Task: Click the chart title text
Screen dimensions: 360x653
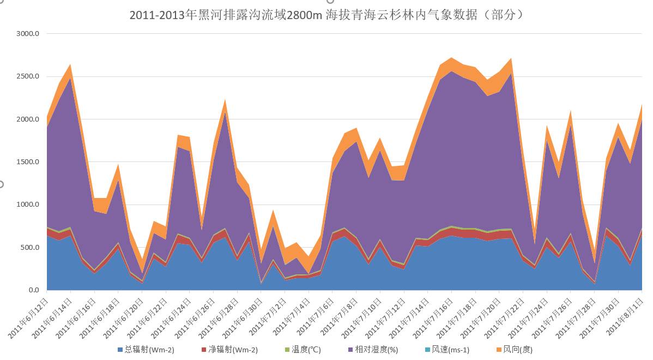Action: pyautogui.click(x=326, y=15)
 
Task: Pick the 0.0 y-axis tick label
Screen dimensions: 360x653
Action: pyautogui.click(x=34, y=290)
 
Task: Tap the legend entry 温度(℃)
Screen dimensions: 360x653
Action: pyautogui.click(x=306, y=350)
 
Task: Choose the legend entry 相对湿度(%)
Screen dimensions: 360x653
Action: pyautogui.click(x=377, y=350)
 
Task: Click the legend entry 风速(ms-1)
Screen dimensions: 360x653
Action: pyautogui.click(x=450, y=350)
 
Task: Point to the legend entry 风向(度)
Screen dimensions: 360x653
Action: pyautogui.click(x=517, y=350)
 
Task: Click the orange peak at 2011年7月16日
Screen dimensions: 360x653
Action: pyautogui.click(x=451, y=58)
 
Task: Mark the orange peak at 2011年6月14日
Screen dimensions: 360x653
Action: pyautogui.click(x=70, y=65)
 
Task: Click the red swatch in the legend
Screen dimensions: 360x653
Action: pyautogui.click(x=204, y=350)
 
